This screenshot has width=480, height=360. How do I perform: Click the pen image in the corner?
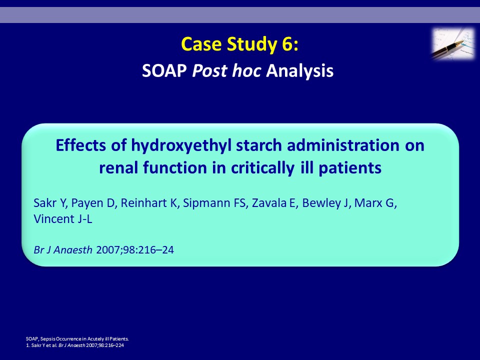pos(453,43)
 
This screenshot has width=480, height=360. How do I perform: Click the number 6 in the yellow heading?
pos(286,44)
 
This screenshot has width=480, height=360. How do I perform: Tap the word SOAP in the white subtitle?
pos(164,70)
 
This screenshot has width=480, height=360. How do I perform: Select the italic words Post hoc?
pos(226,70)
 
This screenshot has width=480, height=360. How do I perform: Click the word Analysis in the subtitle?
pos(299,71)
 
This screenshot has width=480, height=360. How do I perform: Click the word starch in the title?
pos(259,145)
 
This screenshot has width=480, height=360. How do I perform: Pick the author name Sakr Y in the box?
pos(50,203)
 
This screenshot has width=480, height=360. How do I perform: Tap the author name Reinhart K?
pos(149,203)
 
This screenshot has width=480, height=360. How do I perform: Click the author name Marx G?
pos(375,203)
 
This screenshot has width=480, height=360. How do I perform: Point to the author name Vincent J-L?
pos(63,219)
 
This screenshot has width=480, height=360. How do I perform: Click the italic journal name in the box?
pos(63,250)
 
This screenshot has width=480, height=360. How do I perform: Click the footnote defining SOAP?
pos(77,339)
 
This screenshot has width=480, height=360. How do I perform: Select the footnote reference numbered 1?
pos(75,345)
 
